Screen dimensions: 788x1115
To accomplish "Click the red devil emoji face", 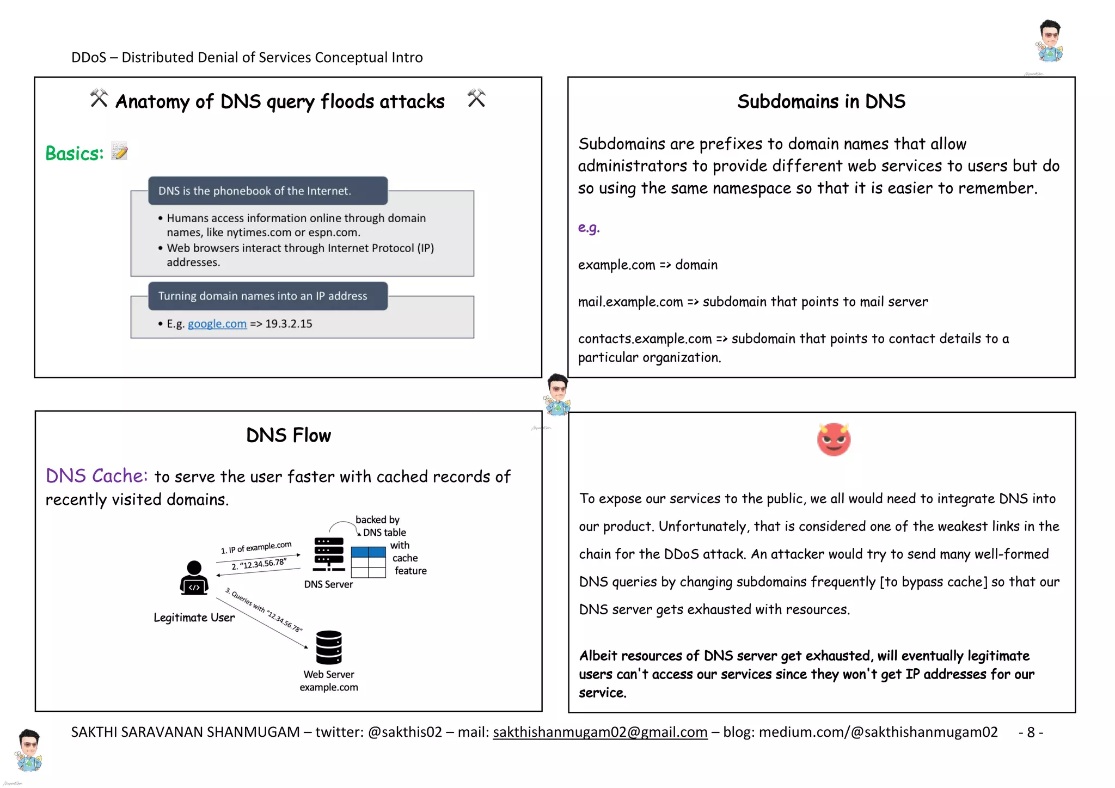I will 833,439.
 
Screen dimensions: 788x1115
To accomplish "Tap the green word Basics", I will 74,154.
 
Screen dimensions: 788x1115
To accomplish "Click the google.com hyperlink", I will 217,324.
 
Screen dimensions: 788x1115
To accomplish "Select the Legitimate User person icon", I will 194,578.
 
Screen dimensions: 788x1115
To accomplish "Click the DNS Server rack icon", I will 329,554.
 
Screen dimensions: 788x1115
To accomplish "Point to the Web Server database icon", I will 329,647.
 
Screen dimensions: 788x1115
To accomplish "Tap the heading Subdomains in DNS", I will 821,102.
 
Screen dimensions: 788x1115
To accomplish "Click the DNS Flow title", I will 288,436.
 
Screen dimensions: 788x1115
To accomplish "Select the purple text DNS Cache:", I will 96,476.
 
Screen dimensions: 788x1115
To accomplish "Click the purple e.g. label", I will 589,228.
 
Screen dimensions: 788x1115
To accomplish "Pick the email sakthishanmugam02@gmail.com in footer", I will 599,732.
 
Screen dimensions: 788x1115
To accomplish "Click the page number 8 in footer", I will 1031,732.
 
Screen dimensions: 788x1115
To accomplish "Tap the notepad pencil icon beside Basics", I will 119,151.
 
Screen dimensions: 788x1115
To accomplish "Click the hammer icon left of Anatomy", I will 99,99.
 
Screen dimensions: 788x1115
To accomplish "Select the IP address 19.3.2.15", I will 289,324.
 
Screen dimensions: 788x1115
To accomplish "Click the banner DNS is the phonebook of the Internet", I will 267,191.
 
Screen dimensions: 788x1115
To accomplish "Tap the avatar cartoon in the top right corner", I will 1050,41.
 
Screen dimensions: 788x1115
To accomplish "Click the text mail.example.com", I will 630,302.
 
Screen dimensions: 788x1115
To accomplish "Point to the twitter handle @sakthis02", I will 405,732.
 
